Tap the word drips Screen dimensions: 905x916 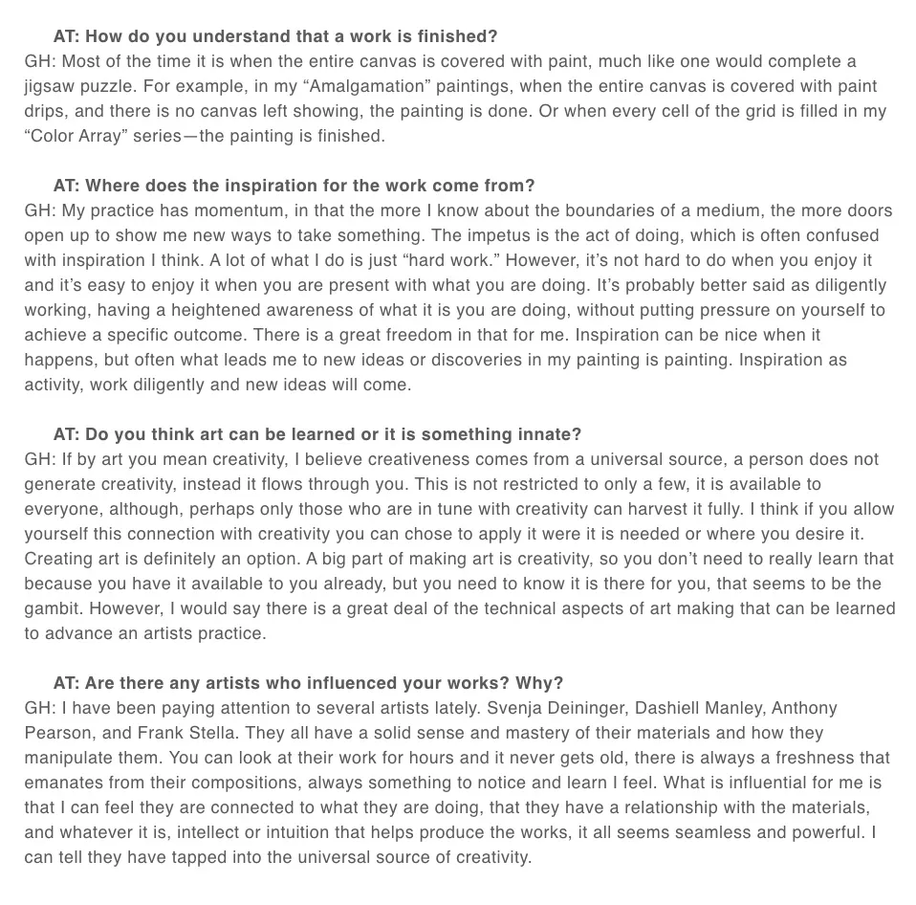[47, 111]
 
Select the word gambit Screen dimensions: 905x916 [53, 608]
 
